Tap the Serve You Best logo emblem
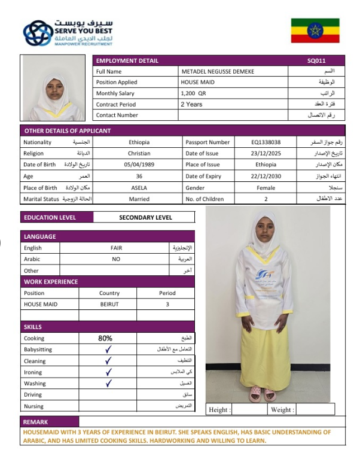coord(38,34)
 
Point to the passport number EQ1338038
coord(266,142)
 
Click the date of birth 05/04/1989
coord(139,165)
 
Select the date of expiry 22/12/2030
coord(266,177)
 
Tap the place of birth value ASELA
coord(139,188)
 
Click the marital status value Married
coord(139,199)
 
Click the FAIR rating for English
coord(116,248)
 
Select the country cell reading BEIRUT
coord(109,304)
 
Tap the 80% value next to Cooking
coord(105,338)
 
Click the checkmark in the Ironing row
coord(108,372)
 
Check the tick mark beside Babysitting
coord(108,349)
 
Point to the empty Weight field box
coord(315,410)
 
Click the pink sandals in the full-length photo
coord(263,393)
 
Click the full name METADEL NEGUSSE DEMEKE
coord(218,71)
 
